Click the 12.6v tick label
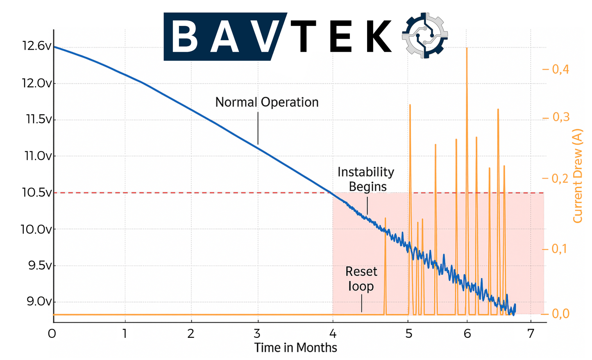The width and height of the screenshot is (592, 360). (x=37, y=46)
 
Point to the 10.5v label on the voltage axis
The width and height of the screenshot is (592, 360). (x=37, y=192)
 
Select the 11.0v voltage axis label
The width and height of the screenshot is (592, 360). (x=39, y=156)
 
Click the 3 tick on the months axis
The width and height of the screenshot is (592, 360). (x=258, y=333)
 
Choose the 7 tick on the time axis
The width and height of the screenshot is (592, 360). (x=531, y=333)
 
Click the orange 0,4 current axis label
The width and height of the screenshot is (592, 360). (x=560, y=69)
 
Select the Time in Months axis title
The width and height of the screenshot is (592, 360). (x=295, y=348)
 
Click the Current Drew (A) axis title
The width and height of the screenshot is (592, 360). (x=578, y=176)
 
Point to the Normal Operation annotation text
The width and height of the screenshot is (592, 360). (x=267, y=102)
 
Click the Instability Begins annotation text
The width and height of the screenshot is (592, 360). (x=366, y=179)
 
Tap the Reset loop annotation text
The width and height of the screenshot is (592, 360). (x=361, y=279)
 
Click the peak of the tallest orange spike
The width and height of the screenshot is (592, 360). (x=467, y=48)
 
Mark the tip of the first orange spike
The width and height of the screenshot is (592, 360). (x=385, y=219)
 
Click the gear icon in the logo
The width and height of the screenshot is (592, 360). (x=425, y=35)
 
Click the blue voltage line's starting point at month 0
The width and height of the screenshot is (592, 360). (x=54, y=47)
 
